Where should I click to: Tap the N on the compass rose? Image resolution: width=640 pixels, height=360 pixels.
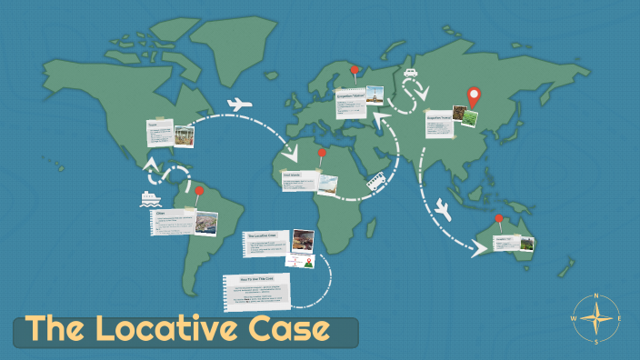(x=595, y=296)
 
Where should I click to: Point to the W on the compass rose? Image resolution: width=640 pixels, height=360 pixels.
(x=573, y=319)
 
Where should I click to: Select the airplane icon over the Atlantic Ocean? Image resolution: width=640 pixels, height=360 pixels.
(x=239, y=104)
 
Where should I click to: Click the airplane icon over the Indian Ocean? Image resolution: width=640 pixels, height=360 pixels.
(x=445, y=209)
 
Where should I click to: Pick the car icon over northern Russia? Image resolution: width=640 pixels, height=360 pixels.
(x=410, y=72)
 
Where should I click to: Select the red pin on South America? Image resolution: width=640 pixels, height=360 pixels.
(x=199, y=193)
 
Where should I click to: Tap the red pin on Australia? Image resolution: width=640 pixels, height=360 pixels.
(x=499, y=219)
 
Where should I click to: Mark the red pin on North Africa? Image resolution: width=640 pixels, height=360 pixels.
(x=321, y=154)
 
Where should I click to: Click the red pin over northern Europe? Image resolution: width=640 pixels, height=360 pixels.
(x=355, y=71)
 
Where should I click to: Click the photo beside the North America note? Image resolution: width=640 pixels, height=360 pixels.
(x=184, y=135)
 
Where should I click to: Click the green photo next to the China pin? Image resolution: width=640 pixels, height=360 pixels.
(x=466, y=116)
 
